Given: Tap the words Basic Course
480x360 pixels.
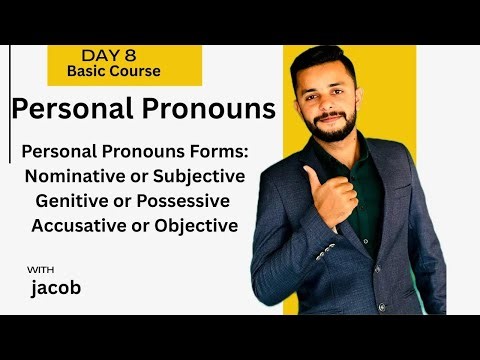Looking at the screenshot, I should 113,71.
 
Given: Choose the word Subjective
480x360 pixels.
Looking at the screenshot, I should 201,177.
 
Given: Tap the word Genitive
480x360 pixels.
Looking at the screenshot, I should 78,201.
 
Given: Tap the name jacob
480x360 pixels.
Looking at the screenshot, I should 57,290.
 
